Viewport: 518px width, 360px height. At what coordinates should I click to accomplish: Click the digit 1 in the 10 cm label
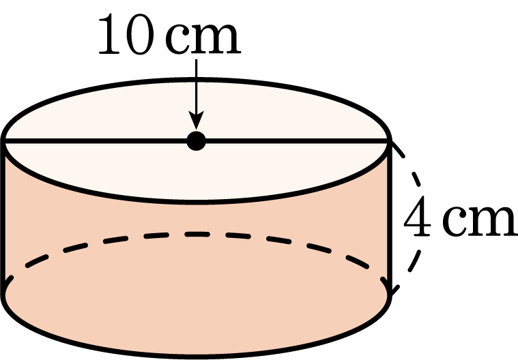[x=109, y=34]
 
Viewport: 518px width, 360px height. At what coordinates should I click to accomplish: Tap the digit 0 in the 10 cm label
[x=141, y=34]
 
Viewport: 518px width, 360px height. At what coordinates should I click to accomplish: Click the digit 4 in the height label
[x=417, y=216]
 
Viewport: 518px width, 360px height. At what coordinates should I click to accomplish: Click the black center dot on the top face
[x=197, y=141]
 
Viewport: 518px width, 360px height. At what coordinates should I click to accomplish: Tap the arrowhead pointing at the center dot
[x=197, y=120]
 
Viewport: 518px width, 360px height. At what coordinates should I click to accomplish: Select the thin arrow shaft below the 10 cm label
[x=197, y=87]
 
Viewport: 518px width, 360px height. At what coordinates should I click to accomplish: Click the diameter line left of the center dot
[x=96, y=141]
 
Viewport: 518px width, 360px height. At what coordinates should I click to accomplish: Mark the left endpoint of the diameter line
[x=3, y=141]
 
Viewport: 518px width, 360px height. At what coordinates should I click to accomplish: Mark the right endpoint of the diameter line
[x=390, y=141]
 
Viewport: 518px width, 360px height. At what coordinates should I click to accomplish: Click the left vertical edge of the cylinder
[x=3, y=217]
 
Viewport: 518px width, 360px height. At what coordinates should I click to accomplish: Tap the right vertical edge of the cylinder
[x=390, y=217]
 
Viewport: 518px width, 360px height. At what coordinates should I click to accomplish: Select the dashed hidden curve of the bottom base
[x=197, y=235]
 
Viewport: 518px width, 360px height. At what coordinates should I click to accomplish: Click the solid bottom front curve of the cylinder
[x=197, y=356]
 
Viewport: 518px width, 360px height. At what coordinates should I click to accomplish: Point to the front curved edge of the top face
[x=197, y=202]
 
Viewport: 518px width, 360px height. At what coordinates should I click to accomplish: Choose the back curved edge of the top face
[x=197, y=80]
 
